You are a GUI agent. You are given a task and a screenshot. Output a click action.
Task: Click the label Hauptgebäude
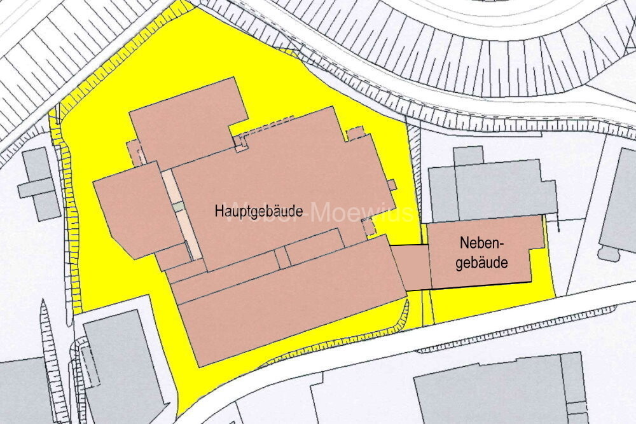pos(258,210)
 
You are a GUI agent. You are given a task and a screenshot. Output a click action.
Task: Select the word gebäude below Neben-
pos(482,262)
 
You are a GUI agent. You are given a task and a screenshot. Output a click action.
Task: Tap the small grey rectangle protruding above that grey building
pos(468,156)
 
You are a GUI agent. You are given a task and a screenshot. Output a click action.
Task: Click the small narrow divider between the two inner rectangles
pos(280,258)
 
